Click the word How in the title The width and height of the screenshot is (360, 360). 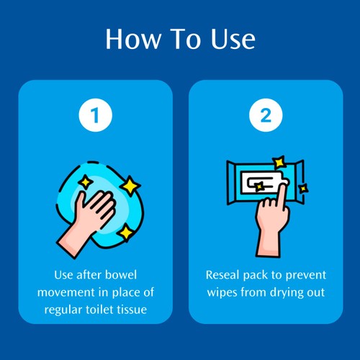coord(133,39)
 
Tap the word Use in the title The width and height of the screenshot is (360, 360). coord(233,39)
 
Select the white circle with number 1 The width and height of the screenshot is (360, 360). coord(96,115)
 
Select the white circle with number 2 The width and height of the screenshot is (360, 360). coord(266,115)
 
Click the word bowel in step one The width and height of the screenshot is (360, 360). coord(121,275)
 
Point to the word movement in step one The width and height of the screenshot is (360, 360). coord(66,292)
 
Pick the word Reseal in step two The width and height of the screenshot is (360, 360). coord(222,275)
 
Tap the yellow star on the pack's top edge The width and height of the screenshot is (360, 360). coord(279,163)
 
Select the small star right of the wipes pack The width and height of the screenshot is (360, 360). coord(303,189)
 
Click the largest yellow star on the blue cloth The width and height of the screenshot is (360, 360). coord(130,186)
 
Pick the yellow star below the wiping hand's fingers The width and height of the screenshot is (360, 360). coord(126,233)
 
